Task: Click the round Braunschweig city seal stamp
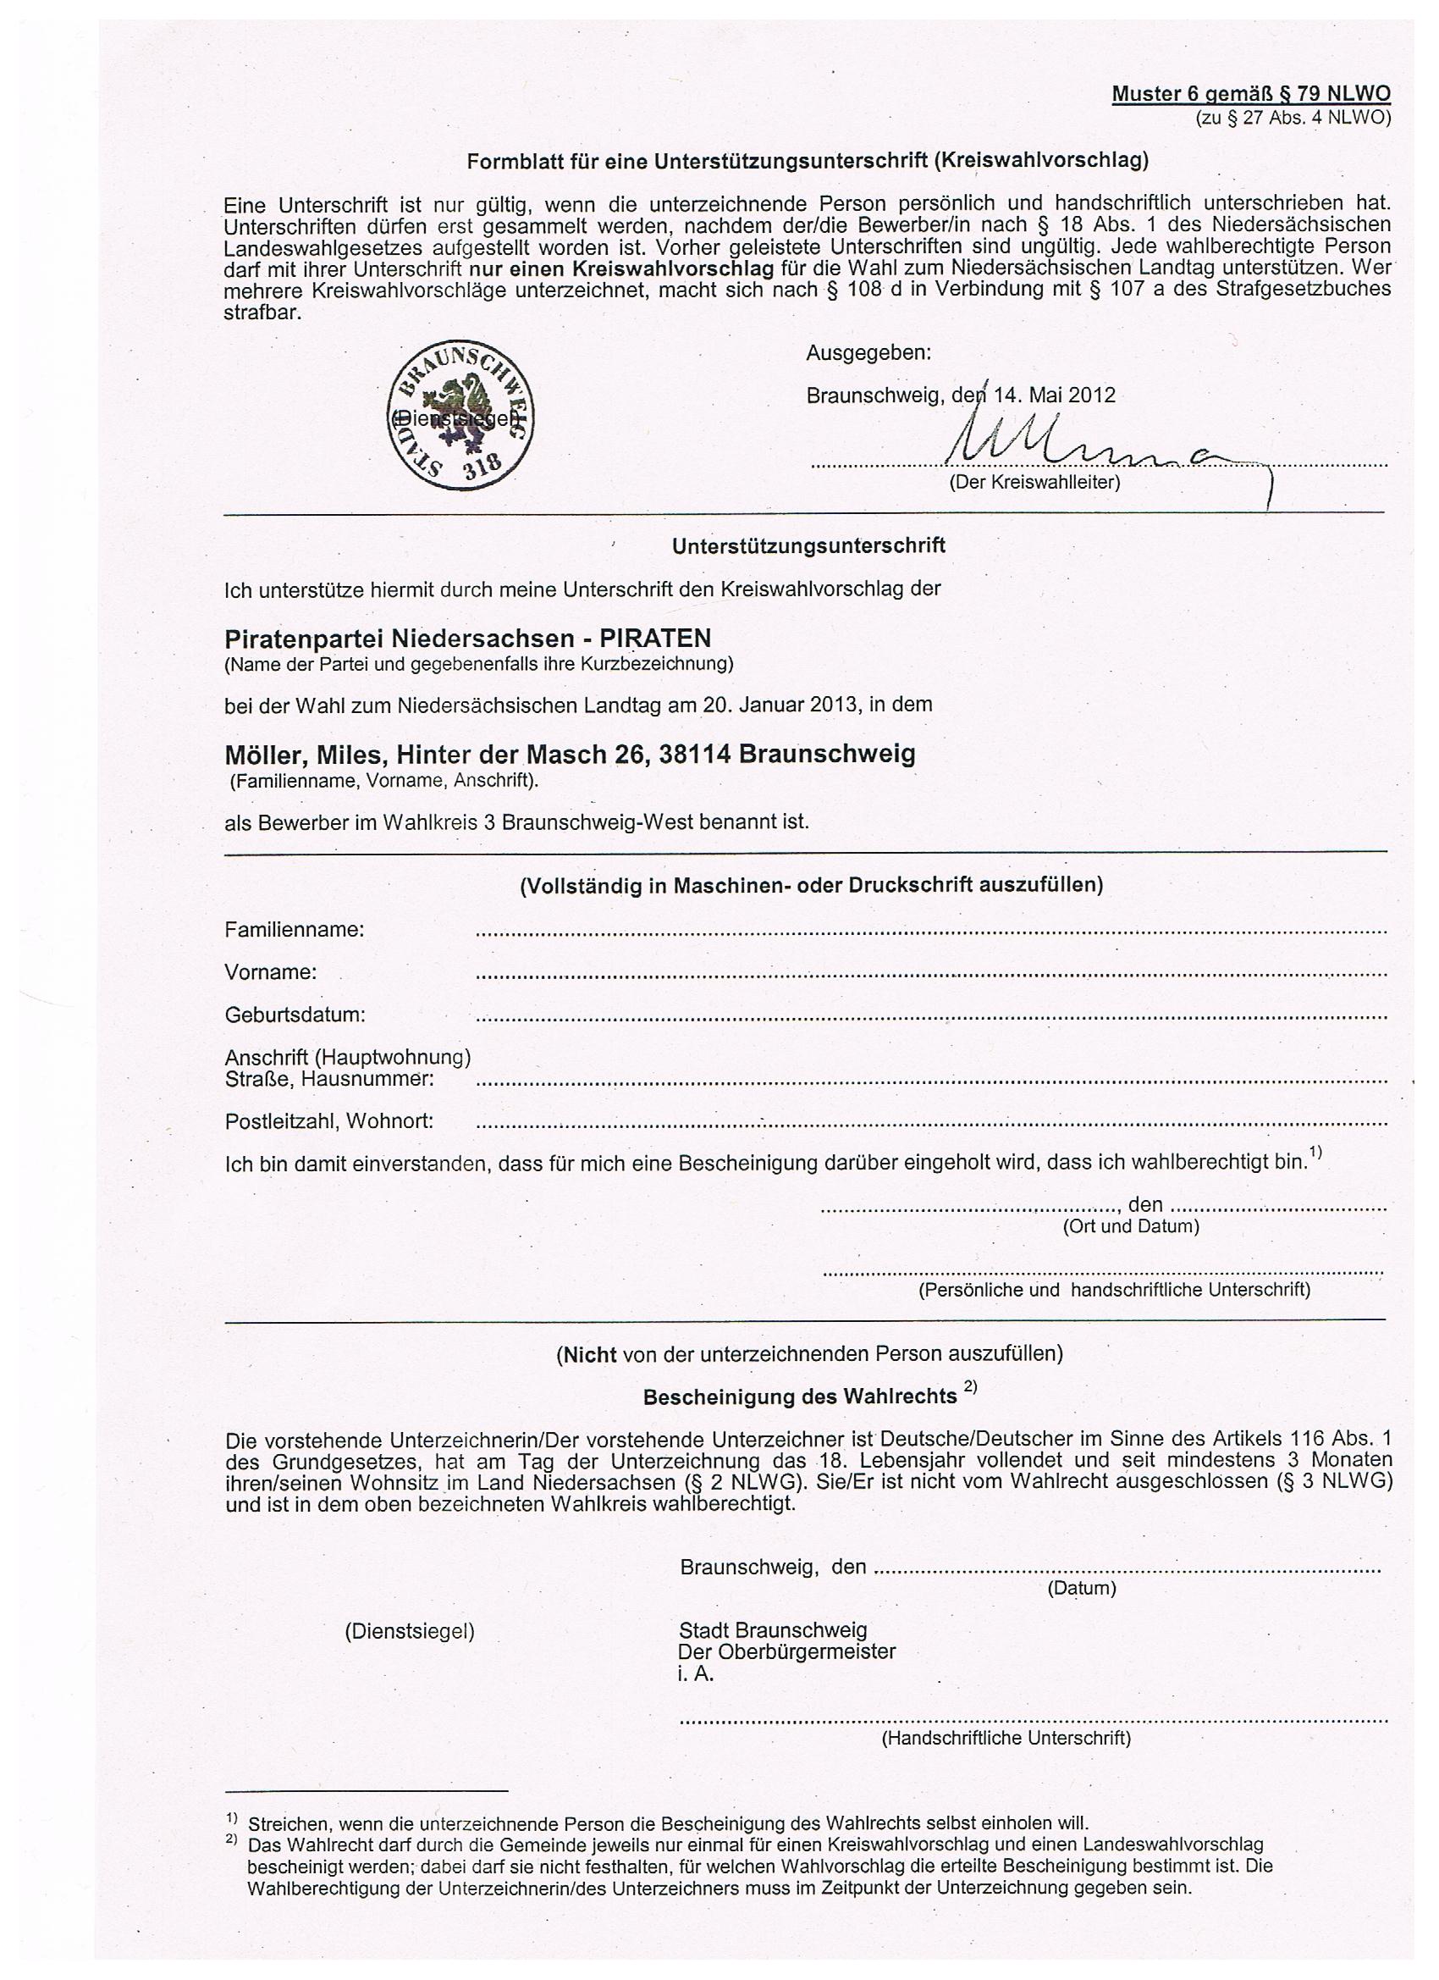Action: coord(460,415)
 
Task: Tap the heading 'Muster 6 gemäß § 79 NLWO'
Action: coord(1250,94)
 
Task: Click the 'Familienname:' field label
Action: coord(294,930)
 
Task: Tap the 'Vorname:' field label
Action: coord(271,971)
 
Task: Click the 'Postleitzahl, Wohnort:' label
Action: coord(329,1121)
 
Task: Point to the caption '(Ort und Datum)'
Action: coord(1130,1225)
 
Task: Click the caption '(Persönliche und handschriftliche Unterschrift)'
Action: coord(1113,1290)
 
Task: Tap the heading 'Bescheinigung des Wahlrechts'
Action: coord(800,1397)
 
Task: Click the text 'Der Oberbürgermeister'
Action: coord(786,1651)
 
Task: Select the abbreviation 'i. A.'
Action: coord(696,1674)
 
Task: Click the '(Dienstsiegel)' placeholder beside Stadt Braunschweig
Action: coord(410,1631)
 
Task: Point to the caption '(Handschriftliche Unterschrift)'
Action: coord(1006,1738)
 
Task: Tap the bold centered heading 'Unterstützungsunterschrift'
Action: coord(808,545)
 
